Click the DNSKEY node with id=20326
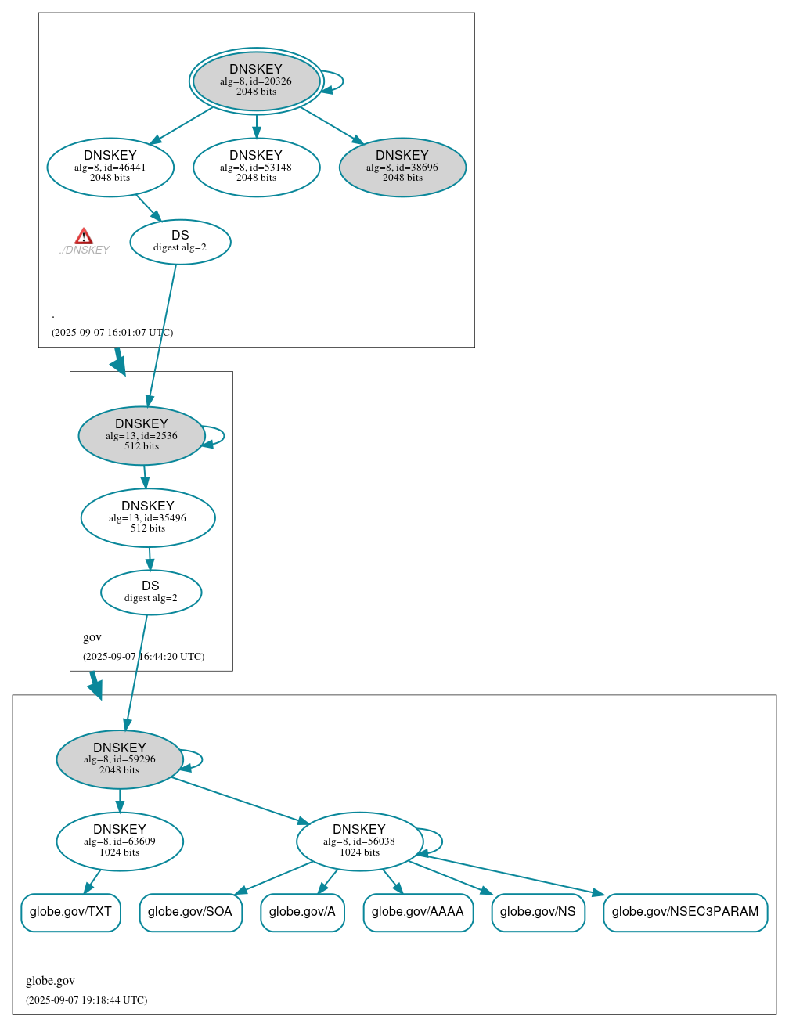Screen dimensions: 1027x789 tap(256, 81)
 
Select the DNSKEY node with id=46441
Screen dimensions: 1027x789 tap(110, 167)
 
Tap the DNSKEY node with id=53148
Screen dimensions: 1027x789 tap(256, 167)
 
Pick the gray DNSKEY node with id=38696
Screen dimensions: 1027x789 tap(402, 167)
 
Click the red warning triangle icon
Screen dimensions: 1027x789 tap(84, 236)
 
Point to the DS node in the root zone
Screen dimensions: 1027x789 tap(180, 242)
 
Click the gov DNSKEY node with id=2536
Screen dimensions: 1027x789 tap(142, 435)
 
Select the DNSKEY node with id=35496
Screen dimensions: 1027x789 tap(148, 517)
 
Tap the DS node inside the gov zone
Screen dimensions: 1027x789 tap(151, 593)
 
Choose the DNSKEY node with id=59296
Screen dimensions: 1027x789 tap(120, 759)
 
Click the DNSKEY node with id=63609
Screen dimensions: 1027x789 tap(120, 841)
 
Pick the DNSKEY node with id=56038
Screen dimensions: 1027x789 tap(359, 841)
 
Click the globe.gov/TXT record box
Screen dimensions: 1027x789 tap(70, 912)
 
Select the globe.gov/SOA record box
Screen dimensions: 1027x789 tap(190, 912)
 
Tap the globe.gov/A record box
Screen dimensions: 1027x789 tap(302, 912)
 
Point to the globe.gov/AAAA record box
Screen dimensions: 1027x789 tap(418, 912)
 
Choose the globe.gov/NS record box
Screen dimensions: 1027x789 tap(538, 912)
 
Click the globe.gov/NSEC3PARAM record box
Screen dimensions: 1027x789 tap(685, 912)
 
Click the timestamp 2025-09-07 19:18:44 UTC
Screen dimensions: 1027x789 tap(86, 1000)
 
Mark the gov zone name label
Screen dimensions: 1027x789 tap(92, 637)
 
